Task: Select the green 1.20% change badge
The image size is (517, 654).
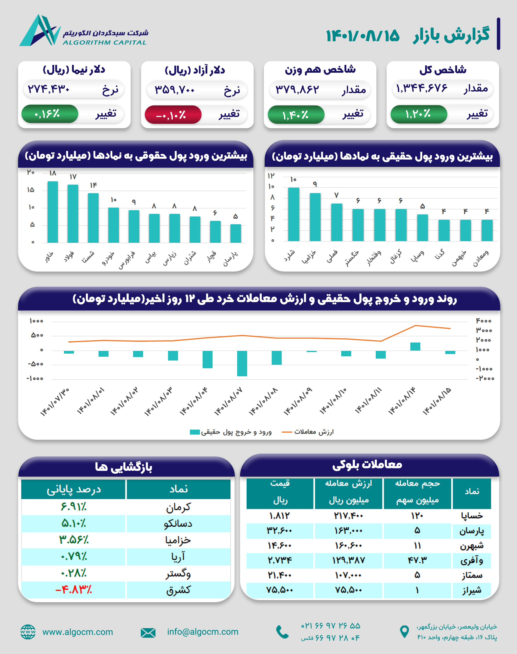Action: [419, 114]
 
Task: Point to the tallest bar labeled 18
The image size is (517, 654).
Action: [53, 212]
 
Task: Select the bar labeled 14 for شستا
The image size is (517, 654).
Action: [93, 218]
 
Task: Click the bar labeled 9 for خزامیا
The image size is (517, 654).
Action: [315, 217]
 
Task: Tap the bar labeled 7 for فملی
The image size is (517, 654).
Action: [337, 222]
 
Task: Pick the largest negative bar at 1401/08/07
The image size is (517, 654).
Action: [242, 363]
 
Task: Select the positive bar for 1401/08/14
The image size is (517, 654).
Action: [415, 347]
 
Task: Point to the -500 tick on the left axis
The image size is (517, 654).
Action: [36, 364]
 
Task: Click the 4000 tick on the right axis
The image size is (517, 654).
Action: [483, 321]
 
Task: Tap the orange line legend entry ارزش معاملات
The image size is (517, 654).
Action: [308, 432]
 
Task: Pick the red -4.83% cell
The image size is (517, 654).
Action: [74, 590]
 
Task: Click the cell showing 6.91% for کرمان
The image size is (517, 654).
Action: [74, 507]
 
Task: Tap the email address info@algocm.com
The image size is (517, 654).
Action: [203, 632]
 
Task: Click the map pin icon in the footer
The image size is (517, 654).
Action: [404, 632]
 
